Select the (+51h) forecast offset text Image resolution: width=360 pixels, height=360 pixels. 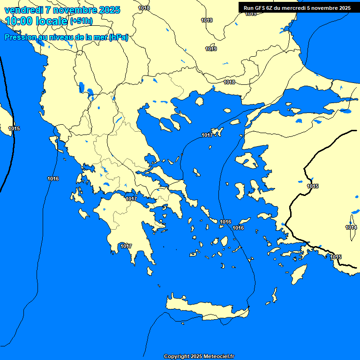(81, 21)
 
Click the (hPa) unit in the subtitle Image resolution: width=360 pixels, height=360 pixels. (119, 37)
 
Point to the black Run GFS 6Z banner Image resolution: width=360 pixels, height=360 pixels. (297, 8)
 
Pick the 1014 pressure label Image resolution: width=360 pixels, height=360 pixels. (351, 227)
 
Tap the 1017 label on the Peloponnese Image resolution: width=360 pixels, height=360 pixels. (126, 246)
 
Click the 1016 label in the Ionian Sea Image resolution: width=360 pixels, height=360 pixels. (53, 179)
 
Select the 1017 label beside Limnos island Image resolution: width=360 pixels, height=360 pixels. (207, 135)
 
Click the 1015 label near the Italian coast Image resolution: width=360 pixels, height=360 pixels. (14, 128)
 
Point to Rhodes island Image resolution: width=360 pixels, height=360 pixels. (298, 274)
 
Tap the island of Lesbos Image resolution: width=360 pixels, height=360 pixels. (247, 159)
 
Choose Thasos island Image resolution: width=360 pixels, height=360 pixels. (199, 101)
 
